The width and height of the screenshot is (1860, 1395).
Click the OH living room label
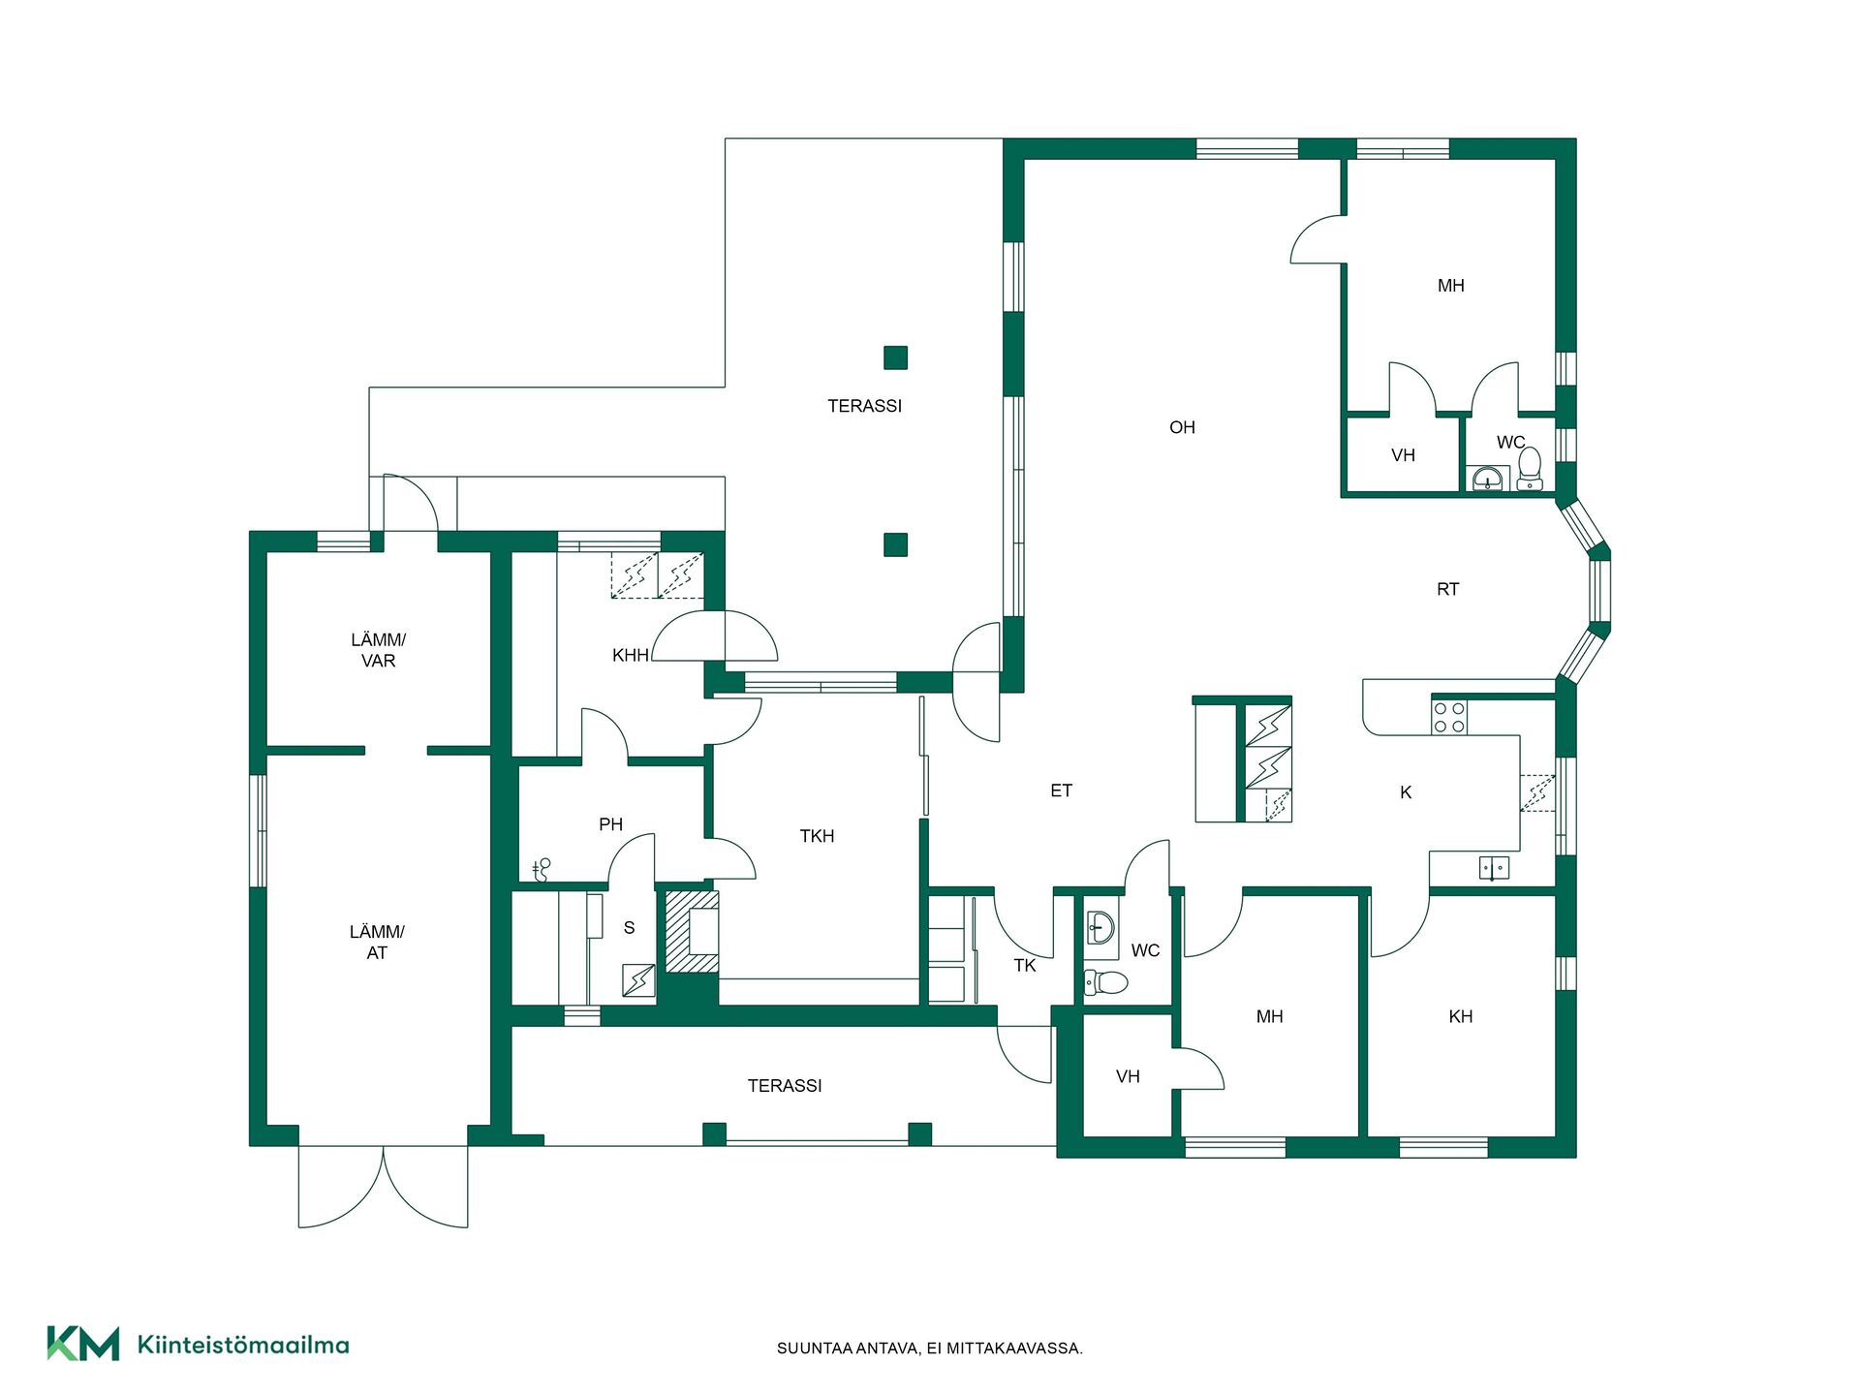click(x=1182, y=427)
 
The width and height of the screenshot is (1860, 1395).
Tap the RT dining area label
click(x=1447, y=589)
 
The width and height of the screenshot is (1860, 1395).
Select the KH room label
click(x=1460, y=1016)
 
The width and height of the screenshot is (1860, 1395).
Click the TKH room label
click(x=817, y=836)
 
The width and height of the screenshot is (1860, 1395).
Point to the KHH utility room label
click(x=631, y=656)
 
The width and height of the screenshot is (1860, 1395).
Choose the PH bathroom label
click(x=610, y=824)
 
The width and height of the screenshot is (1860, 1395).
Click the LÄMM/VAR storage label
click(x=378, y=650)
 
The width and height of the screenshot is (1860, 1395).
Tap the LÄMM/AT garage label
click(x=377, y=942)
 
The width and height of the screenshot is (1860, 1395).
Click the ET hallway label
click(x=1061, y=790)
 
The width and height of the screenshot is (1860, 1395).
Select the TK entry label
click(x=1025, y=965)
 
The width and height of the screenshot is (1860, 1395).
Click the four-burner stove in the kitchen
click(x=1449, y=717)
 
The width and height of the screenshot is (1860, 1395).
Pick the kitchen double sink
click(x=1494, y=867)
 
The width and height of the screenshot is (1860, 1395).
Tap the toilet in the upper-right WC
click(x=1530, y=467)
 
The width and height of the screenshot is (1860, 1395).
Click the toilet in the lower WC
click(x=1106, y=982)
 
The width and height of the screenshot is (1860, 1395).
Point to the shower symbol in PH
click(x=542, y=869)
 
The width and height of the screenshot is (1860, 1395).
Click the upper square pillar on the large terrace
click(x=895, y=357)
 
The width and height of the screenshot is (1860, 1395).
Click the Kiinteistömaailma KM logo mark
click(x=83, y=1344)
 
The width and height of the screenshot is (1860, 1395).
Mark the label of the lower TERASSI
click(x=785, y=1086)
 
